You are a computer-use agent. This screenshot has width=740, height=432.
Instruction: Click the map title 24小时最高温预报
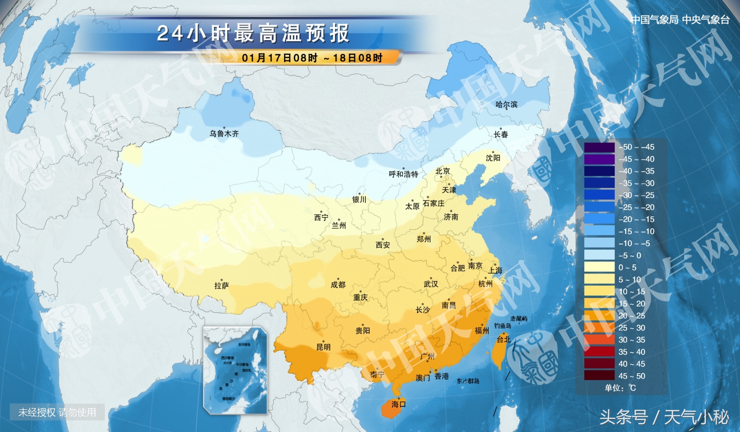coord(253,33)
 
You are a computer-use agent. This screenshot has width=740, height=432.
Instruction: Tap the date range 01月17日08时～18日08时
coord(312,58)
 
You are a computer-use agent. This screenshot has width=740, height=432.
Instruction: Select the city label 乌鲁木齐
coord(224,134)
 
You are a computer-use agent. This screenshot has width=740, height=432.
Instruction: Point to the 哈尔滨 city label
coord(506,105)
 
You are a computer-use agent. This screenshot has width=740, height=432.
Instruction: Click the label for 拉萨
coord(221,286)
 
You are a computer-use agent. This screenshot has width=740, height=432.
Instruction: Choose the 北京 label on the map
coord(442,171)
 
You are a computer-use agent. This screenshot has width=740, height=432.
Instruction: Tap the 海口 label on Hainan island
coord(398,405)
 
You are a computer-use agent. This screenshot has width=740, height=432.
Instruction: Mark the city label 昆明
coord(323,347)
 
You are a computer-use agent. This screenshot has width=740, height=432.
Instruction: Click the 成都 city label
coord(338,285)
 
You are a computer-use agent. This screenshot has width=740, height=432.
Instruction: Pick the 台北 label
coord(503,340)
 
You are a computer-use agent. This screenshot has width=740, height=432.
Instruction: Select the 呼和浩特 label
coord(403,174)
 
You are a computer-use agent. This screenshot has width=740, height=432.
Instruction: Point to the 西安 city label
coord(383,245)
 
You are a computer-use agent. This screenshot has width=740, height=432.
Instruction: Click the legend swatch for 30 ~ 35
coord(599,340)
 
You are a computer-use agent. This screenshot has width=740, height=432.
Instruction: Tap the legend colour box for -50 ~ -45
coord(599,147)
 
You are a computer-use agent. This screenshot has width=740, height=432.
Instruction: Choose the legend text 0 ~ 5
coord(627,268)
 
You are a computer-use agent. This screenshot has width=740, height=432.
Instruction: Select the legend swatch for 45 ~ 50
coord(599,376)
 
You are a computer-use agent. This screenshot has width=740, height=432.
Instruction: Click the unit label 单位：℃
coord(620,388)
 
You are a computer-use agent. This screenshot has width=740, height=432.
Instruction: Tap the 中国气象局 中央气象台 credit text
coord(680,20)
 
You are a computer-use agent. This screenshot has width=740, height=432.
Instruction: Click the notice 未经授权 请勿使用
coord(57,412)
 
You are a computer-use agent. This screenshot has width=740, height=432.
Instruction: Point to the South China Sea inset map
coord(235,370)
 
